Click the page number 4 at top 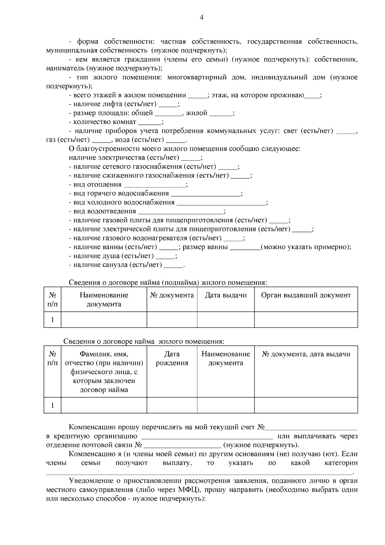pyautogui.click(x=201, y=18)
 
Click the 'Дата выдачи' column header pyautogui.click(x=226, y=295)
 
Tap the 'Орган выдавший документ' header pyautogui.click(x=306, y=295)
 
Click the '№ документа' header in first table pyautogui.click(x=172, y=295)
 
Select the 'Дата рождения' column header pyautogui.click(x=172, y=359)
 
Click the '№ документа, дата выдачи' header pyautogui.click(x=306, y=354)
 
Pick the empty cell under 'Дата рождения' pyautogui.click(x=172, y=405)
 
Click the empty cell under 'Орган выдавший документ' pyautogui.click(x=306, y=320)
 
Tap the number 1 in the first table pyautogui.click(x=52, y=320)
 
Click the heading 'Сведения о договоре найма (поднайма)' pyautogui.click(x=168, y=283)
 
